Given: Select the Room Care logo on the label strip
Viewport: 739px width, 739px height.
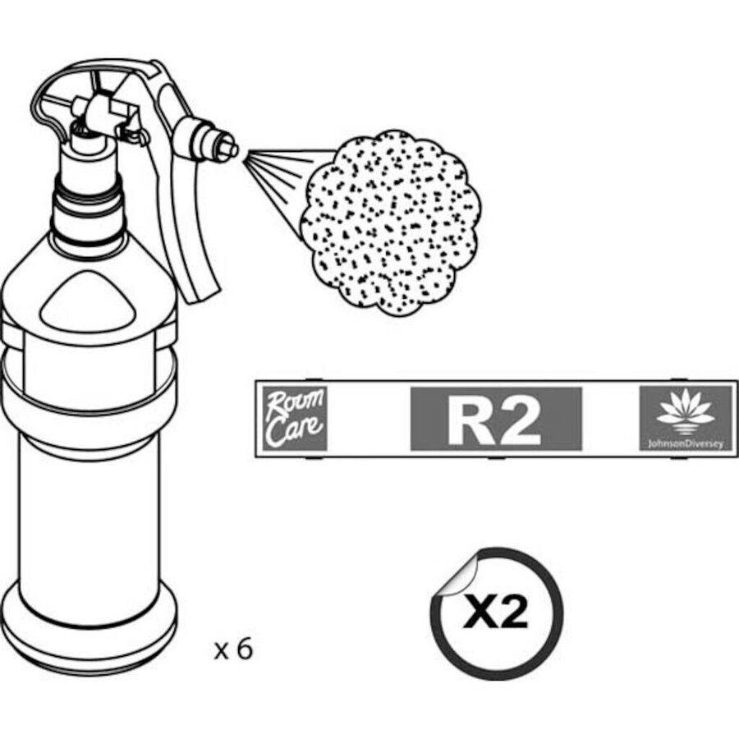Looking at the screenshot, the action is [x=295, y=418].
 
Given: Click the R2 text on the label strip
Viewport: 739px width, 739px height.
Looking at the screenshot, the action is [x=495, y=419].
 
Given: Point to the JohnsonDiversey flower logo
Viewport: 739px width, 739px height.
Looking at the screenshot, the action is [x=686, y=411].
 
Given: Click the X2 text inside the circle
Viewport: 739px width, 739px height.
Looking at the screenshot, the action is [x=496, y=613].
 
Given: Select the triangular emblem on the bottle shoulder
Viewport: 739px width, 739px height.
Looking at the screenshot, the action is [x=88, y=302].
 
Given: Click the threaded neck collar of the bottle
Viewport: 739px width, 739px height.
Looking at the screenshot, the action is [x=88, y=212].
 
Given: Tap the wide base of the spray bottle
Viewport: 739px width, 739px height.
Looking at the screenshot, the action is [x=88, y=627].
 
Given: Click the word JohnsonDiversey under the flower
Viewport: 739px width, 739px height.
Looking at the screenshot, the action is [x=686, y=444].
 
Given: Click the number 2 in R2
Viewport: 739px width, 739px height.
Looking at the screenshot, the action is [x=521, y=420].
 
